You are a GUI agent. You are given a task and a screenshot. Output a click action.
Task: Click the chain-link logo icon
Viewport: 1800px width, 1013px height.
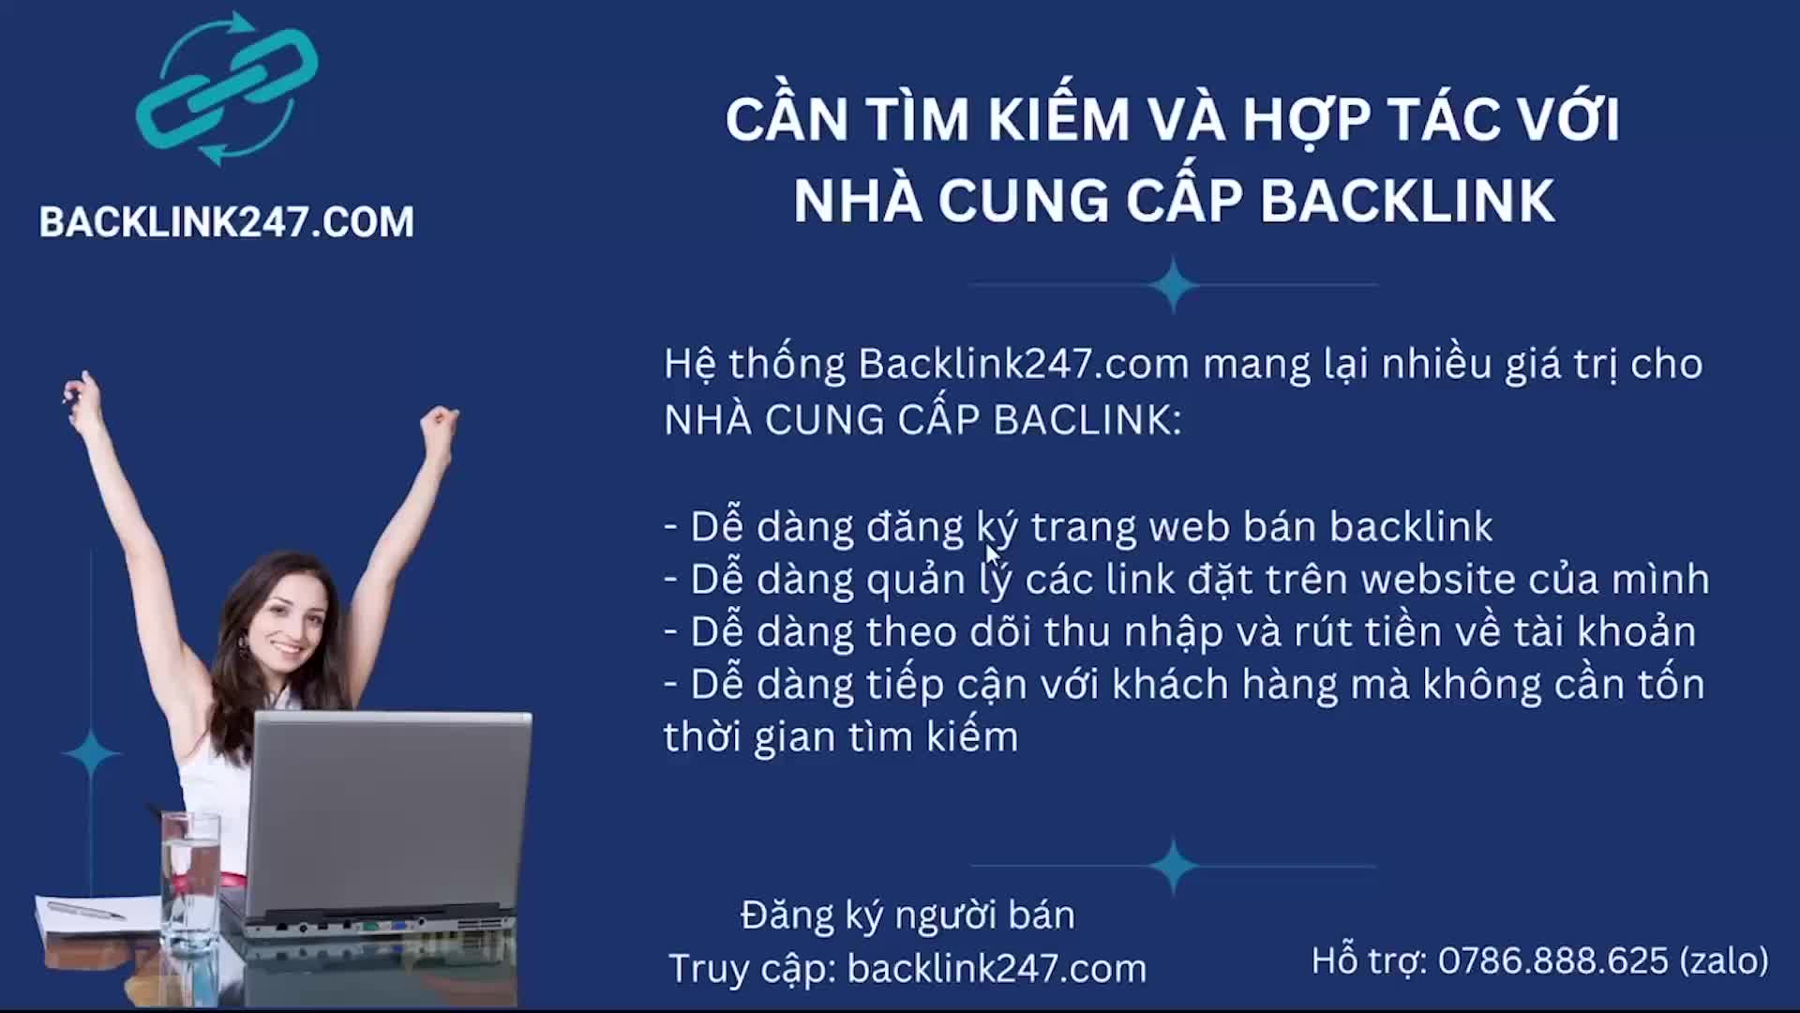[226, 88]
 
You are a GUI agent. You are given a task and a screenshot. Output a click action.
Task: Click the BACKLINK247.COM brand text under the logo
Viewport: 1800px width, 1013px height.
[226, 222]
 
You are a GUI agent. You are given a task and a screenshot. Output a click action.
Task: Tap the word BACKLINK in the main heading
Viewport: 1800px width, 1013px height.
[1407, 201]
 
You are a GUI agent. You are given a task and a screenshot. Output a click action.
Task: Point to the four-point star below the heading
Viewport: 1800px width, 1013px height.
[1173, 284]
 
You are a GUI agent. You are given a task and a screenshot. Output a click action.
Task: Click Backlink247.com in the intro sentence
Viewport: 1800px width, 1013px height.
[1024, 364]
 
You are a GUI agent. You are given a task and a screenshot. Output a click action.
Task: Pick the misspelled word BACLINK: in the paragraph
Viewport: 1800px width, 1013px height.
[1087, 419]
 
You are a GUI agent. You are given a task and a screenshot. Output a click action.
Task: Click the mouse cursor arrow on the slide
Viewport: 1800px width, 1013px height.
[995, 556]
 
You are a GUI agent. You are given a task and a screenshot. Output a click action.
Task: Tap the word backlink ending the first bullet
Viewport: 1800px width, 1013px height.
[1411, 527]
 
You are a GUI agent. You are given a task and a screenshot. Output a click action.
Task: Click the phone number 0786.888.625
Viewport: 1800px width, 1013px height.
[1553, 960]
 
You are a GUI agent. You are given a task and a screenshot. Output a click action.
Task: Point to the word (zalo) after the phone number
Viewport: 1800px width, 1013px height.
[1725, 960]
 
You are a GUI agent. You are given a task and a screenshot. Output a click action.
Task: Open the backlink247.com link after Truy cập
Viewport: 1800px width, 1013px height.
[997, 968]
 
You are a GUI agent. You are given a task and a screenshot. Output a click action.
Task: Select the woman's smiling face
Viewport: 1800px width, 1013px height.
[285, 624]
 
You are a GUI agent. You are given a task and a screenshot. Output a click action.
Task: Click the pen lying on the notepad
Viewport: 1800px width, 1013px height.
[85, 909]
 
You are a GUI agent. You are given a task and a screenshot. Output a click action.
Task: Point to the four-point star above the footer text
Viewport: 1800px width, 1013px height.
[1173, 866]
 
